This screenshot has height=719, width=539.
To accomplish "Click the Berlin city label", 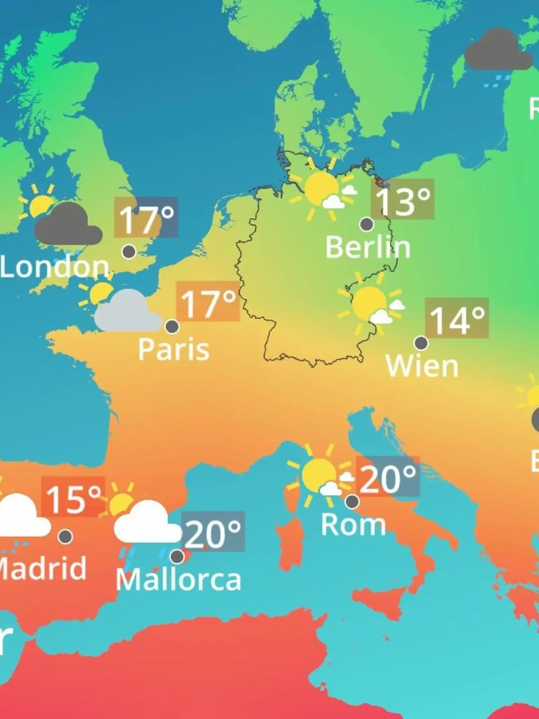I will pyautogui.click(x=367, y=247).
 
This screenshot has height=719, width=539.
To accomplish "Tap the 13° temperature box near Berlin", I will pyautogui.click(x=402, y=199).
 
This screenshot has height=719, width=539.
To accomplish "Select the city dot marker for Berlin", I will pyautogui.click(x=367, y=224).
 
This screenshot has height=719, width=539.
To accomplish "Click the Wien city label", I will pyautogui.click(x=422, y=366).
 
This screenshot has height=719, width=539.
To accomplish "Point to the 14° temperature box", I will pyautogui.click(x=457, y=318).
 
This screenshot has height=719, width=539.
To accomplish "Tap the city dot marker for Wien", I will pyautogui.click(x=421, y=343).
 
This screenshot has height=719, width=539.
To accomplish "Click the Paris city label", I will pyautogui.click(x=173, y=349).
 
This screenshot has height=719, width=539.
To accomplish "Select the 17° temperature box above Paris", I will pyautogui.click(x=208, y=301).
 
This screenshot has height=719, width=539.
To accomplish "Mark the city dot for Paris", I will pyautogui.click(x=172, y=326).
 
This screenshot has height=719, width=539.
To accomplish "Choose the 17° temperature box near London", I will pyautogui.click(x=146, y=217).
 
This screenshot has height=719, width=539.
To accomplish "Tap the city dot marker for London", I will pyautogui.click(x=129, y=252).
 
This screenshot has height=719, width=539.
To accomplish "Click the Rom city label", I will pyautogui.click(x=353, y=524).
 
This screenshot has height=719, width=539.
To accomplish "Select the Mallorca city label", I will pyautogui.click(x=178, y=580).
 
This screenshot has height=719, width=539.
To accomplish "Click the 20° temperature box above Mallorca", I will pyautogui.click(x=213, y=532).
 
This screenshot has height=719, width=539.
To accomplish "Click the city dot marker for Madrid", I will pyautogui.click(x=66, y=536).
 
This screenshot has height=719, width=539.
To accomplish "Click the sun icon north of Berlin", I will pyautogui.click(x=321, y=189).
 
